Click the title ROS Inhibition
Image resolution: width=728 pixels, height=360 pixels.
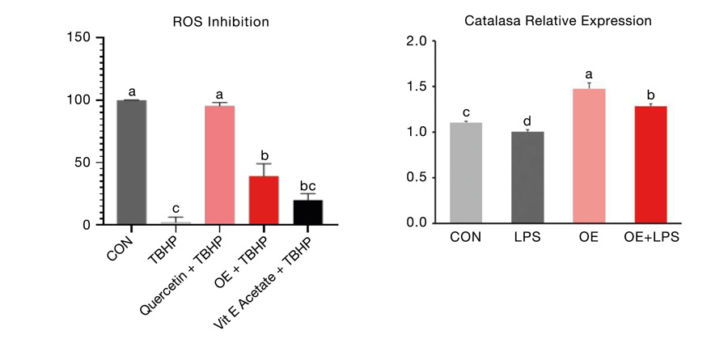tap(219, 22)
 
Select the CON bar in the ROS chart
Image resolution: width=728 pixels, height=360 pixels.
tap(132, 162)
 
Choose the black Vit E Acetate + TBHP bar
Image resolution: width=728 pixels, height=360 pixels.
tap(307, 211)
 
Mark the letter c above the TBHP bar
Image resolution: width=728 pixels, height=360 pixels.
tap(176, 207)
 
